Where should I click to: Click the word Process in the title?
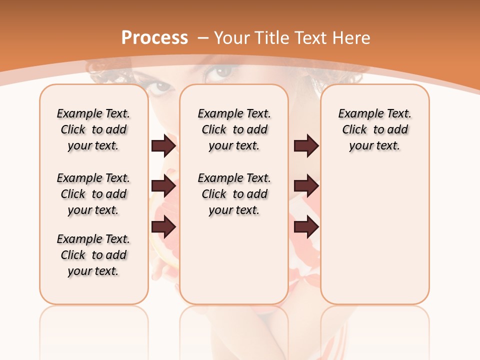154,38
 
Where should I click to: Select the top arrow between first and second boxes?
163,146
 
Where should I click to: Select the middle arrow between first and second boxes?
163,186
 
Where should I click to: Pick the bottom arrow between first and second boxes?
163,227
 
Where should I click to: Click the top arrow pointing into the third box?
306,146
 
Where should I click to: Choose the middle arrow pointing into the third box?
306,186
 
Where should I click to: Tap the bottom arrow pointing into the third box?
306,227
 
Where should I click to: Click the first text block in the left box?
93,129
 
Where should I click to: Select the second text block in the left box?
93,194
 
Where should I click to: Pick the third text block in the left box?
93,255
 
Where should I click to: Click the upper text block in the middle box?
234,129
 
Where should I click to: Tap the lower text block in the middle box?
234,194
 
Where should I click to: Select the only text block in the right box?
375,129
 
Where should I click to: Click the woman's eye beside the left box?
161,88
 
